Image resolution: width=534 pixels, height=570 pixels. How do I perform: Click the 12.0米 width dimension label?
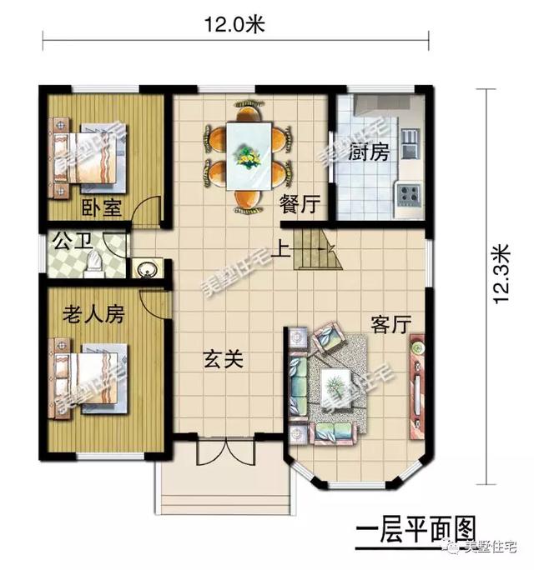(x=234, y=25)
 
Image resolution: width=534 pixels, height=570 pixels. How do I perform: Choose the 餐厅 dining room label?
(x=298, y=203)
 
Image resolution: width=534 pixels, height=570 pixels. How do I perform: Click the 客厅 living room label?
(x=390, y=325)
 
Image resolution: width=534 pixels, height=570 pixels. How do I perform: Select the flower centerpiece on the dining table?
(x=247, y=154)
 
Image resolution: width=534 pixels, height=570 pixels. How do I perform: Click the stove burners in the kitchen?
(x=408, y=197)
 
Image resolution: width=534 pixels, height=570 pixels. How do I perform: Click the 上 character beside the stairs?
(x=285, y=247)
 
